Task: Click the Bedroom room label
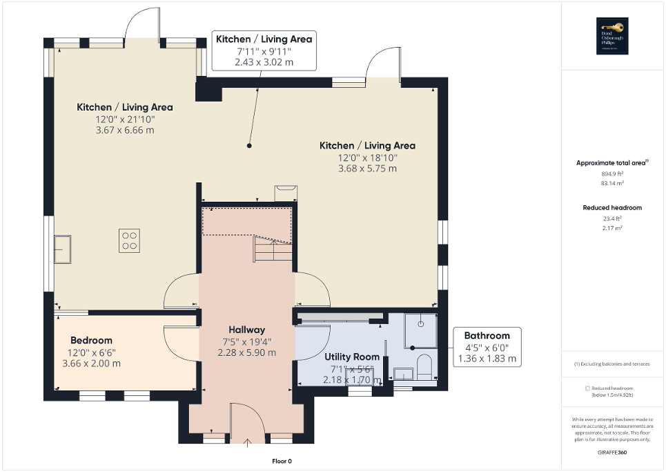[x=91, y=340]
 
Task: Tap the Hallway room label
[x=246, y=330]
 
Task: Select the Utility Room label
[x=352, y=357]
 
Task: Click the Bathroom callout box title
[x=487, y=335]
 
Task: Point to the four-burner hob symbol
[x=129, y=240]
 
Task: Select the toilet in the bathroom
[x=424, y=366]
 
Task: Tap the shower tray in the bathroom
[x=420, y=330]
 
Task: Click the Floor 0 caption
[x=282, y=461]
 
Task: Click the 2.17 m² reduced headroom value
[x=613, y=227]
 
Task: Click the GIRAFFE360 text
[x=613, y=451]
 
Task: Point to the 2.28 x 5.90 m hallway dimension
[x=247, y=352]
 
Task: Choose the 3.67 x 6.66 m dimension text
[x=125, y=130]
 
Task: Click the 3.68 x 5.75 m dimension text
[x=367, y=168]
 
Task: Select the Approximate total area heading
[x=612, y=163]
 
